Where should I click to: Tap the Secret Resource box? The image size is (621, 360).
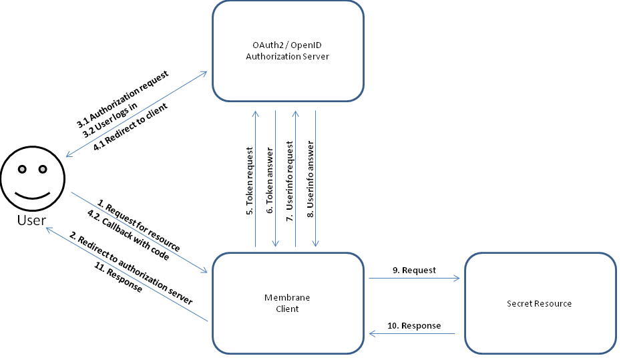click(x=539, y=303)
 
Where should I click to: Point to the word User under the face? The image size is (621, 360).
click(x=32, y=219)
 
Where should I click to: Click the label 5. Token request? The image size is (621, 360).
click(x=249, y=180)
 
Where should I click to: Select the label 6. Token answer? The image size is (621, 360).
click(x=270, y=181)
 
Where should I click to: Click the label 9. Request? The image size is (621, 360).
click(x=414, y=271)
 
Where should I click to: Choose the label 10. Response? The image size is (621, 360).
click(x=414, y=325)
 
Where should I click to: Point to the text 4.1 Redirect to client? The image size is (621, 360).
click(x=130, y=127)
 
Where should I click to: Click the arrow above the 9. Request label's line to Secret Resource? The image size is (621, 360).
click(x=414, y=279)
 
